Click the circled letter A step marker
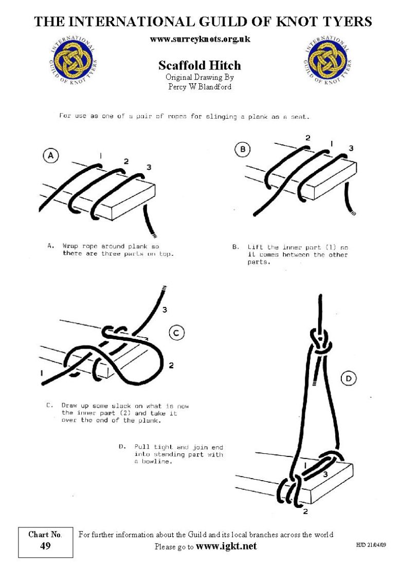point(50,156)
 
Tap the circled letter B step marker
point(242,149)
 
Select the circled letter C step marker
point(176,333)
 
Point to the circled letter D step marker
point(348,379)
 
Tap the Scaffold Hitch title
point(199,65)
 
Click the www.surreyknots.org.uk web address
point(200,39)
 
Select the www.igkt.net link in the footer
point(226,546)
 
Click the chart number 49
point(45,546)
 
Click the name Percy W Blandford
point(199,86)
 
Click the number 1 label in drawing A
point(101,156)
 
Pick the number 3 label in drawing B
point(351,148)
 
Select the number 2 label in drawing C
point(171,365)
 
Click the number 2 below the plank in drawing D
point(305,511)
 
